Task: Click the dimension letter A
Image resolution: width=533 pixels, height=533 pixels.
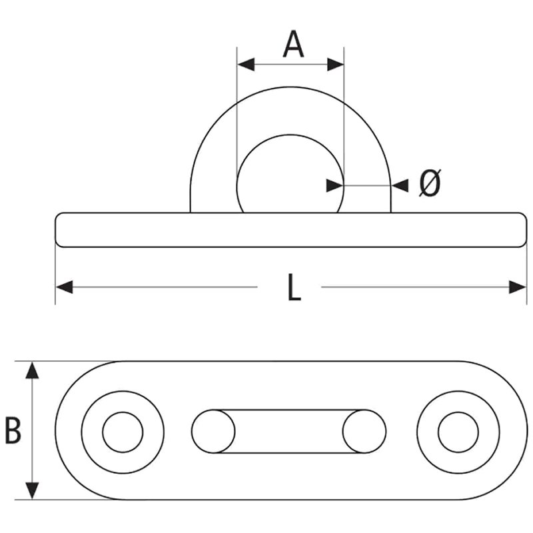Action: pos(293,45)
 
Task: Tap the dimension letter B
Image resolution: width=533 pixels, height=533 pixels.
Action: pos(13,431)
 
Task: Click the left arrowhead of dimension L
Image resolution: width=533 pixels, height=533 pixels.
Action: pos(64,288)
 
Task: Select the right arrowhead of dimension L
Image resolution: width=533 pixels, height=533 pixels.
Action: pos(518,288)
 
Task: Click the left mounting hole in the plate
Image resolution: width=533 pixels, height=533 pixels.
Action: pos(123,432)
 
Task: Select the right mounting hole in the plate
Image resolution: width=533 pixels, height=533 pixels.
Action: pos(458,432)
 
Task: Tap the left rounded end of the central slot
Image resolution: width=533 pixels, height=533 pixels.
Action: pos(213,432)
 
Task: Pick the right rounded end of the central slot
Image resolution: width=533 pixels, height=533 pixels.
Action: pos(364,432)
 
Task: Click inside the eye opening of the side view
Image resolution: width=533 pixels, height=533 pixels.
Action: pos(290,177)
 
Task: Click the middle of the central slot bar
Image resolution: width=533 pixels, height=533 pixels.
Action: pos(288,432)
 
